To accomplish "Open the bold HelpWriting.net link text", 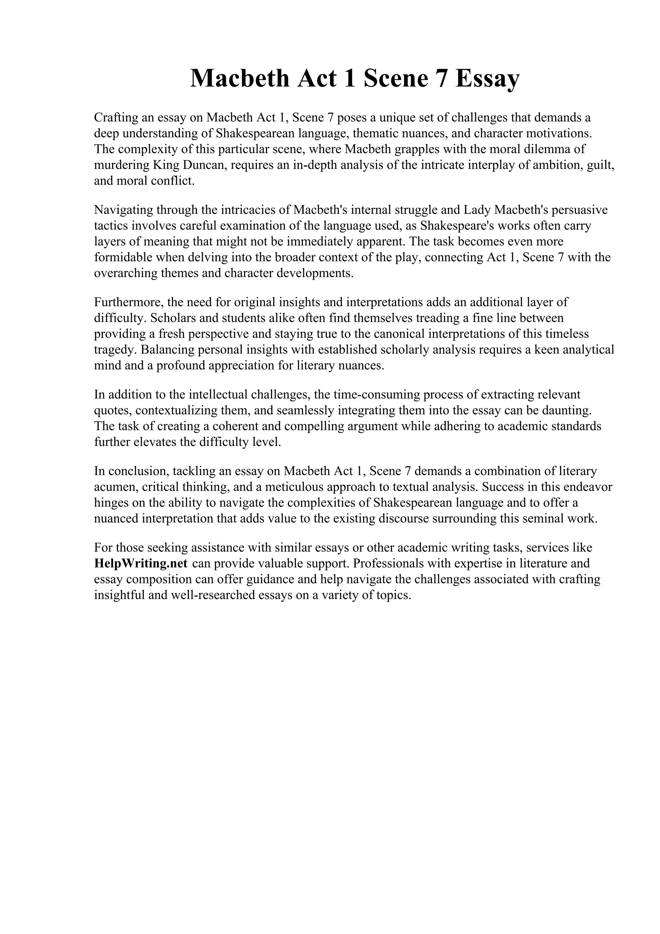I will [141, 563].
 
